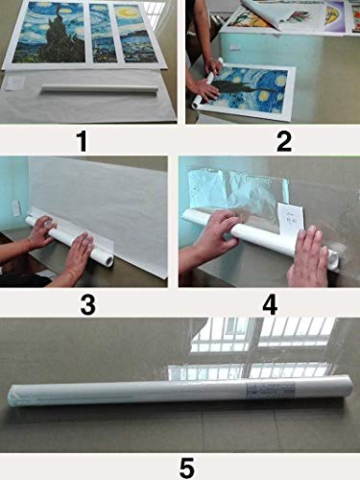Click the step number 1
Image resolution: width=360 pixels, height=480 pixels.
click(x=83, y=142)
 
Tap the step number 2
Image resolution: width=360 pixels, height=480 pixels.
click(x=284, y=142)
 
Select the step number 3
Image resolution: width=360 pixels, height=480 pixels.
click(x=88, y=304)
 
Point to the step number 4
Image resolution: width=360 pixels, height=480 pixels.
click(x=270, y=304)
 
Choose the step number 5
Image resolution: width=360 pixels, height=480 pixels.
click(x=187, y=468)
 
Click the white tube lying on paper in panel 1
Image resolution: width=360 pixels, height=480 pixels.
click(x=100, y=88)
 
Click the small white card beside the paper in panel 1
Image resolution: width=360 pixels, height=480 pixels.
click(x=13, y=84)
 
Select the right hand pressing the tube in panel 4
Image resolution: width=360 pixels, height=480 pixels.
click(x=308, y=255)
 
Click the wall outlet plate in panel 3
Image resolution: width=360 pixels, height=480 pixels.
click(x=15, y=208)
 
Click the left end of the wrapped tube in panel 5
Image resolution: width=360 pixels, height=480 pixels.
click(x=12, y=396)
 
